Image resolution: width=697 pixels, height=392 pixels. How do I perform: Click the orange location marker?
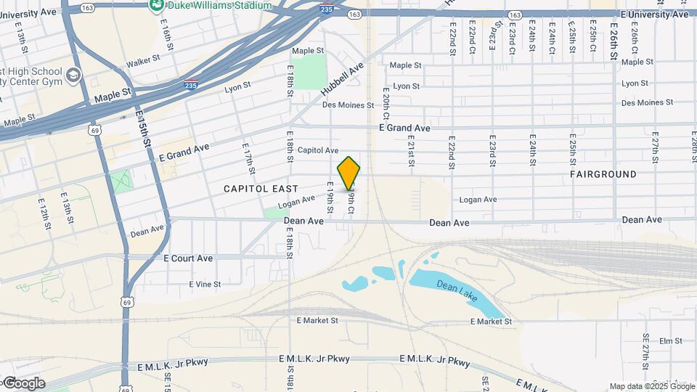(x=349, y=173)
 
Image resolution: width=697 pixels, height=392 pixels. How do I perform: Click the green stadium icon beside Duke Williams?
(x=156, y=5)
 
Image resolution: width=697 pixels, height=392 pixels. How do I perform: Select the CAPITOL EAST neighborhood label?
(x=261, y=189)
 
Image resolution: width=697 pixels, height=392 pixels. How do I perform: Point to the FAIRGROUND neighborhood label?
(x=603, y=174)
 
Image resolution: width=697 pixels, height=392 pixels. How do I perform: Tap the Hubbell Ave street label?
(x=341, y=81)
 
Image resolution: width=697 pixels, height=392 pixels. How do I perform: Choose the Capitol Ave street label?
(x=318, y=150)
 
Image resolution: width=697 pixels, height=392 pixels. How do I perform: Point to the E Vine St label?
(x=204, y=285)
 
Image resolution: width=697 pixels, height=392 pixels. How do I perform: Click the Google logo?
(x=23, y=383)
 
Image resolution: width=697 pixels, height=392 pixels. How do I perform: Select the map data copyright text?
(x=651, y=386)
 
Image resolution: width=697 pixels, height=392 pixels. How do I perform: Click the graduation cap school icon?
(x=73, y=75)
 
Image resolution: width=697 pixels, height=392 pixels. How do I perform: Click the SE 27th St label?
(x=645, y=351)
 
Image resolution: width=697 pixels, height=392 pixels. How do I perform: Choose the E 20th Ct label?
(x=386, y=106)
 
